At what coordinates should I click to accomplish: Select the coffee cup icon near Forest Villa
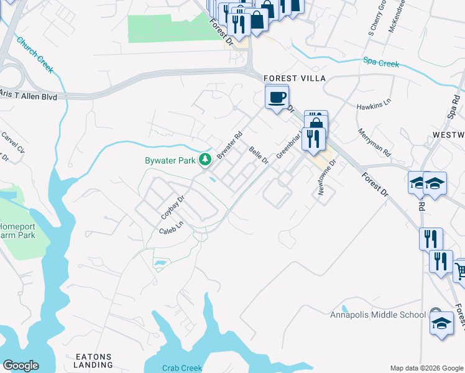(277, 96)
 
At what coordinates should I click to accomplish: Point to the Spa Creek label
(380, 62)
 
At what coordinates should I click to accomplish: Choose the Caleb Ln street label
(172, 230)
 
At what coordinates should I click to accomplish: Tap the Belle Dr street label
(258, 155)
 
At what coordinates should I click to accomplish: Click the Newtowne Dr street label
(326, 177)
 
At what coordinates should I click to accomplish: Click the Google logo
(21, 366)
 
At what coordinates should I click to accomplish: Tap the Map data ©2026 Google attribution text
(426, 368)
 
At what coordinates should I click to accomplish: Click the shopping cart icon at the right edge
(460, 271)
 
